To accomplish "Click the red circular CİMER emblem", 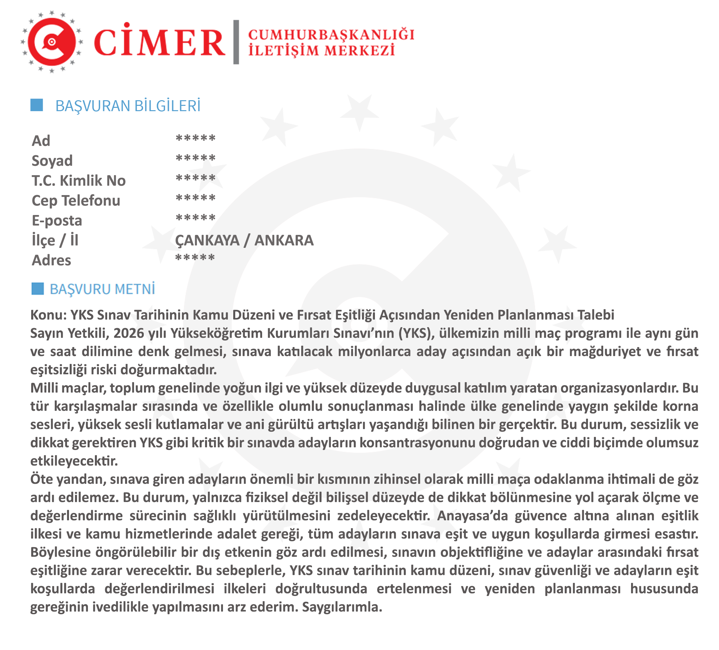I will [x=52, y=42].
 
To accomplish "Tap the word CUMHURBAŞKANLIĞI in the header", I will [x=331, y=35].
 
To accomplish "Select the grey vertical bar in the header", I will [x=236, y=42].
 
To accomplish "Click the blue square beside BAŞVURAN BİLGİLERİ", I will [x=37, y=105].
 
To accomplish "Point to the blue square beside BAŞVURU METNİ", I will [x=37, y=289].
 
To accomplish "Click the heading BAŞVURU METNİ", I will [x=102, y=289].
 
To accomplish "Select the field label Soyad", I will [x=52, y=161].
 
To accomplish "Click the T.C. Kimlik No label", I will [x=78, y=181].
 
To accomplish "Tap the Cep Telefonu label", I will [x=76, y=201].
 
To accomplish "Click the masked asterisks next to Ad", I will [x=195, y=138].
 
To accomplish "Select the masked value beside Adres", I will [x=195, y=257].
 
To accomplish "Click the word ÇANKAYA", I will [x=207, y=241].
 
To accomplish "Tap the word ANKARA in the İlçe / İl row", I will [x=284, y=241].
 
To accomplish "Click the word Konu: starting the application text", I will [x=48, y=315].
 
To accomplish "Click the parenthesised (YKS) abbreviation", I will [x=416, y=333].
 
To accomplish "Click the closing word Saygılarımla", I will [x=342, y=607].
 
